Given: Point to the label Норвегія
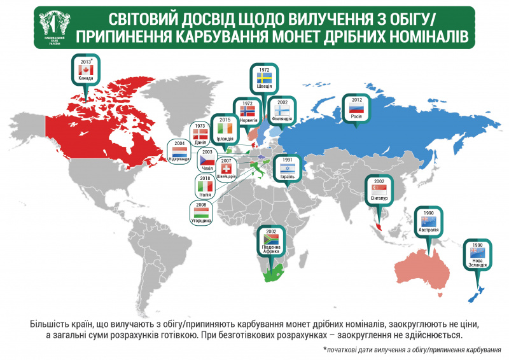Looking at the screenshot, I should (248, 119).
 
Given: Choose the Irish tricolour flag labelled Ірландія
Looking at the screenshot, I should (225, 128).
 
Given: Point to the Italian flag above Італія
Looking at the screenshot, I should (205, 188).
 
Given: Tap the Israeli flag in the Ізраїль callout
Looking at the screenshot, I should (288, 169).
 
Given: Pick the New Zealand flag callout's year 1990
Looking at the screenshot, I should (477, 244).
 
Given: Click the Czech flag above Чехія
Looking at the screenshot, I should (207, 162).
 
